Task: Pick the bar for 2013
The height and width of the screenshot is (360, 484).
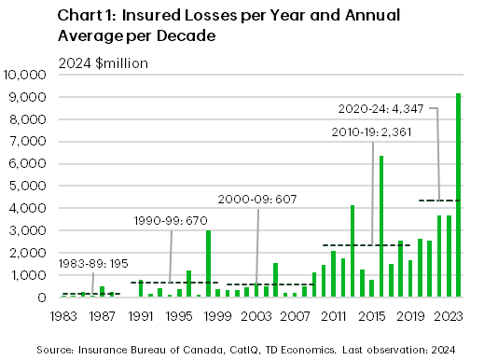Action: pyautogui.click(x=353, y=251)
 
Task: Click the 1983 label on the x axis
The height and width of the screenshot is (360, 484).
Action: pyautogui.click(x=63, y=315)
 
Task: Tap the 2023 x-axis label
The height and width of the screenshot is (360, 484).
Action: pyautogui.click(x=449, y=315)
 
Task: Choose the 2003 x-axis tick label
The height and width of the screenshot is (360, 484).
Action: pyautogui.click(x=256, y=315)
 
